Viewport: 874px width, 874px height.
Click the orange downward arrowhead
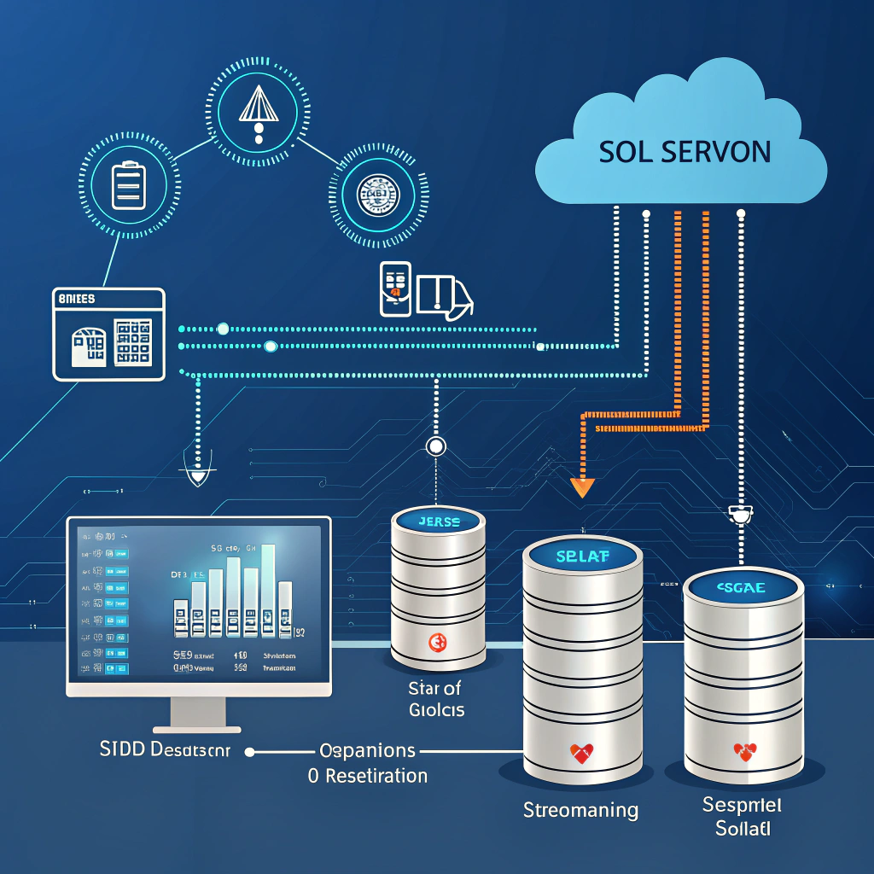click(x=582, y=487)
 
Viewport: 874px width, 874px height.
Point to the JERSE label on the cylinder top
click(x=439, y=521)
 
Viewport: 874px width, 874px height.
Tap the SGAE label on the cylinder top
click(x=743, y=588)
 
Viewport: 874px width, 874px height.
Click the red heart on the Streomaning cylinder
click(x=581, y=753)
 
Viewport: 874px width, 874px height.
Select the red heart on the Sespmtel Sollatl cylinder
click(x=744, y=752)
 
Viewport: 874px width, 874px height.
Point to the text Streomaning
click(x=580, y=809)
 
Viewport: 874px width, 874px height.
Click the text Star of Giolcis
click(x=436, y=697)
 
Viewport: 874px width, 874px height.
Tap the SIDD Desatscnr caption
click(x=166, y=751)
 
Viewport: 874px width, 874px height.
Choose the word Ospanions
click(x=367, y=751)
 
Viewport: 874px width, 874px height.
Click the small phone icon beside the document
click(x=394, y=288)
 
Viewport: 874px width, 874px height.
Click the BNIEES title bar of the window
click(x=108, y=300)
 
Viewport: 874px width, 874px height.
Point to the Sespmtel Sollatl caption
click(x=743, y=816)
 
